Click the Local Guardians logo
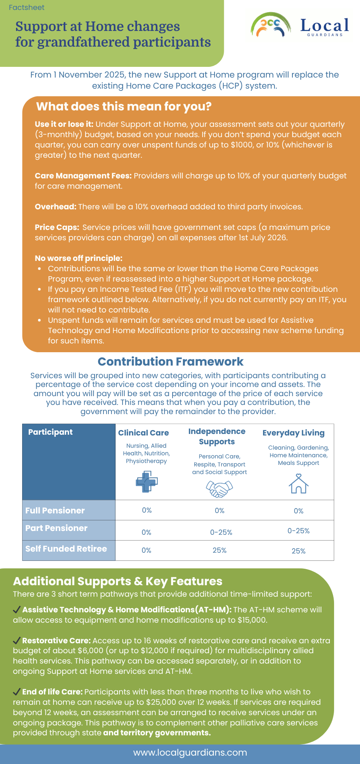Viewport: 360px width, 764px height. pyautogui.click(x=300, y=26)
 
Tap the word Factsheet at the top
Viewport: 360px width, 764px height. pyautogui.click(x=27, y=8)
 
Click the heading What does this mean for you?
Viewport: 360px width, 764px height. pyautogui.click(x=124, y=107)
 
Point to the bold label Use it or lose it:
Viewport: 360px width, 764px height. pyautogui.click(x=64, y=125)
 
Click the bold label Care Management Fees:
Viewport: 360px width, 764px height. pyautogui.click(x=83, y=176)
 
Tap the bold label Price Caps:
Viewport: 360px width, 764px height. pyautogui.click(x=57, y=228)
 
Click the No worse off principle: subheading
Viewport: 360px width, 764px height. pyautogui.click(x=78, y=259)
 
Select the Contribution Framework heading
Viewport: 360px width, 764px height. pyautogui.click(x=171, y=362)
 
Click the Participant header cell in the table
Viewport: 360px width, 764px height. pyautogui.click(x=50, y=432)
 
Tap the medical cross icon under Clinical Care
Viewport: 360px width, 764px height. pyautogui.click(x=147, y=482)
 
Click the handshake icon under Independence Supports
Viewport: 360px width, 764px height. pyautogui.click(x=220, y=488)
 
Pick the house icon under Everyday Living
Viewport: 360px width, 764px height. pyautogui.click(x=299, y=484)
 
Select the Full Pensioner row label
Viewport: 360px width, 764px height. pyautogui.click(x=55, y=511)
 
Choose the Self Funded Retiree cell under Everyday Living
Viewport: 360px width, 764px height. pyautogui.click(x=299, y=551)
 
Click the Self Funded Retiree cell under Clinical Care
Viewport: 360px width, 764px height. pyautogui.click(x=147, y=550)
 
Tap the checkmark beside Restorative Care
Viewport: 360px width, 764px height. pyautogui.click(x=17, y=640)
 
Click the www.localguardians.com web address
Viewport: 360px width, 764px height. pyautogui.click(x=190, y=753)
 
